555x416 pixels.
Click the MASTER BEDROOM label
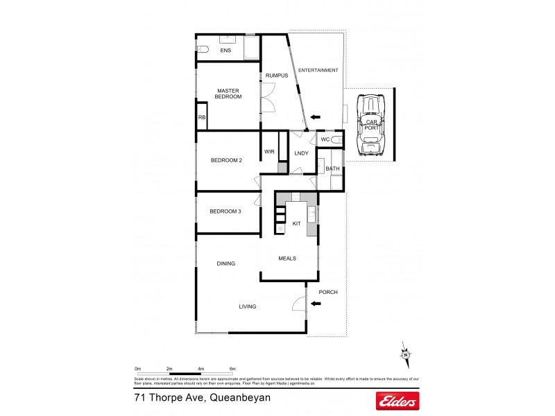(228, 94)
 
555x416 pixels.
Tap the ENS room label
(225, 51)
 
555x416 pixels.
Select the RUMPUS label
(275, 76)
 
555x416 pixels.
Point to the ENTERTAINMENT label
(318, 70)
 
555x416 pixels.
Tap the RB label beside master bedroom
(202, 118)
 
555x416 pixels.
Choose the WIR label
(269, 153)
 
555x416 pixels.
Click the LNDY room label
(301, 153)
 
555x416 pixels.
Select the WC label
(324, 140)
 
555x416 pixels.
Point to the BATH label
(332, 168)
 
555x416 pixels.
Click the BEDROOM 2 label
(226, 161)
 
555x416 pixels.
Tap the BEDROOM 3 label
(225, 211)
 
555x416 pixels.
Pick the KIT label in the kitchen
(296, 225)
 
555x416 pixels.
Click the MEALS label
(287, 258)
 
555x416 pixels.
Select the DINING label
(226, 263)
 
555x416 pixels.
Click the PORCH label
(327, 293)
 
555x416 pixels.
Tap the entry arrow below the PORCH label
(316, 312)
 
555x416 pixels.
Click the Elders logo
(397, 400)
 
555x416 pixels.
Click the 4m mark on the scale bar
(200, 368)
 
